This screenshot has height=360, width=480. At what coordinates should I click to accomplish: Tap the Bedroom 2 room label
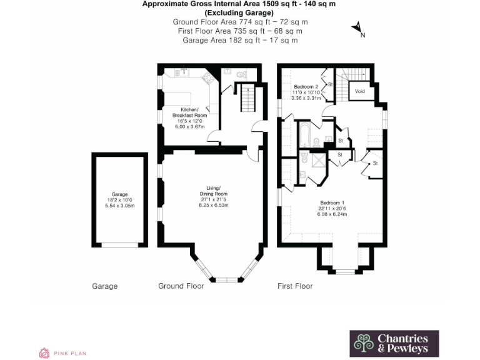pyautogui.click(x=306, y=86)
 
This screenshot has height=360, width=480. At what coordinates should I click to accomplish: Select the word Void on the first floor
pyautogui.click(x=359, y=91)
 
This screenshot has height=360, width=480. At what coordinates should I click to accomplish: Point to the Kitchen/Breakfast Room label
pyautogui.click(x=189, y=112)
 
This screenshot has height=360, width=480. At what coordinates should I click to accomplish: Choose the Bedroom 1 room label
pyautogui.click(x=332, y=202)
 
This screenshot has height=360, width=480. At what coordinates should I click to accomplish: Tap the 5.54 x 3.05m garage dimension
pyautogui.click(x=119, y=206)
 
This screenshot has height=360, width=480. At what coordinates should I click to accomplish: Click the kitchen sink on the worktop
pyautogui.click(x=184, y=71)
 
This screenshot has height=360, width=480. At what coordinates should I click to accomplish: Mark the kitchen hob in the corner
pyautogui.click(x=209, y=76)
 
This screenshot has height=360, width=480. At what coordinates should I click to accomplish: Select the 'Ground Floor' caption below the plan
pyautogui.click(x=181, y=286)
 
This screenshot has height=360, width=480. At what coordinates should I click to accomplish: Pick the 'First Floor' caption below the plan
pyautogui.click(x=295, y=286)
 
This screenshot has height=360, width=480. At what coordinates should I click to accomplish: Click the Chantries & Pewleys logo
pyautogui.click(x=393, y=343)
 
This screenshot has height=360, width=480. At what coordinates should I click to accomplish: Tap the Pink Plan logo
pyautogui.click(x=62, y=353)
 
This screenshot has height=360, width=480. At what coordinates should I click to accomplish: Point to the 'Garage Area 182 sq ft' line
pyautogui.click(x=240, y=40)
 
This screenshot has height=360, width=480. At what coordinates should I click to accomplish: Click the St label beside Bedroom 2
pyautogui.click(x=330, y=83)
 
